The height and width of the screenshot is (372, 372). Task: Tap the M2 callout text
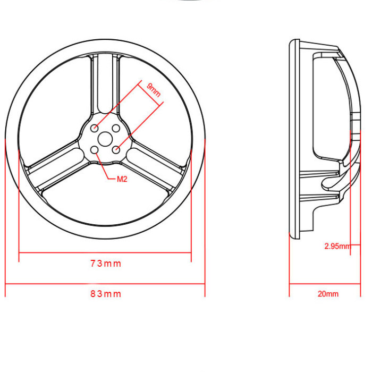(x=122, y=179)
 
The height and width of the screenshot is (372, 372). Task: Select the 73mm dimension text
(x=105, y=264)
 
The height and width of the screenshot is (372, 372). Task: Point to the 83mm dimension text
(x=105, y=294)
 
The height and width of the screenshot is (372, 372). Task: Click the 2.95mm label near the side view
(x=337, y=246)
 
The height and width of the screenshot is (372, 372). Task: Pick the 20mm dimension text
(x=328, y=294)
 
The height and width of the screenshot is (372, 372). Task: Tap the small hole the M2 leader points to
(x=95, y=150)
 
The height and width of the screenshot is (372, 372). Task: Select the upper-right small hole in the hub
(x=116, y=128)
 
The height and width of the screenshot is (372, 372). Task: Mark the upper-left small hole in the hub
(x=95, y=128)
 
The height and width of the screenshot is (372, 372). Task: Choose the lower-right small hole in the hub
(x=116, y=150)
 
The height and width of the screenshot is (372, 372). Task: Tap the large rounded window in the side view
(x=327, y=106)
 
